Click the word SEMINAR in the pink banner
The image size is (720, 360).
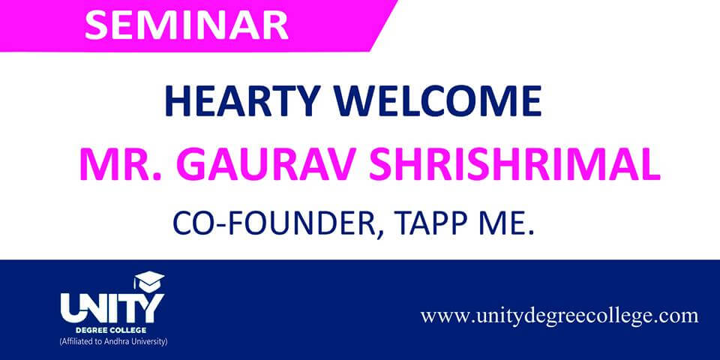point(187,25)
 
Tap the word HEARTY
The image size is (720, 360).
point(243,100)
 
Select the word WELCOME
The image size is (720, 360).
point(439,100)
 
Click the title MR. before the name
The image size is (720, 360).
point(121,165)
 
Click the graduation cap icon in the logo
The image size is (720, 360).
point(148,280)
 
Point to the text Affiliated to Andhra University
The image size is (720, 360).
point(113,342)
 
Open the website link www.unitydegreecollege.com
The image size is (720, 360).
point(559,316)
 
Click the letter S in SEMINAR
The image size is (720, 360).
point(95,25)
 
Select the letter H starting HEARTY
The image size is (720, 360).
point(177,101)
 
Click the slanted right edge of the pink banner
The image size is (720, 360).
point(384,25)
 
